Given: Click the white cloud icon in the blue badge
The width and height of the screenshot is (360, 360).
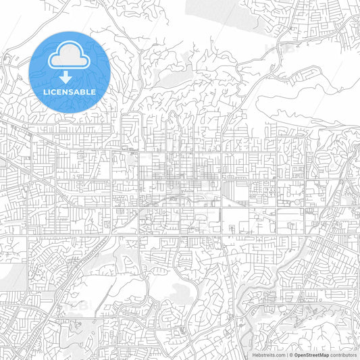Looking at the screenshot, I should point(70,56).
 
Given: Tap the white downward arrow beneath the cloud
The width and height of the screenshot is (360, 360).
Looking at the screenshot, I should point(70,75).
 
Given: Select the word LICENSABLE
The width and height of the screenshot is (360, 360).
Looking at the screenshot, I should point(70,91).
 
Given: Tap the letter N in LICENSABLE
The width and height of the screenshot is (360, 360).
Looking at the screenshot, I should point(67,91).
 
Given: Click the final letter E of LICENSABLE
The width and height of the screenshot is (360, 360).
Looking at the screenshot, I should point(93,91).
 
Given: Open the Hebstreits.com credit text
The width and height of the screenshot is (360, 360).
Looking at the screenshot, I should point(268,354).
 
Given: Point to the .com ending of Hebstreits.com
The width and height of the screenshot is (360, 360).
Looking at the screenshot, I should point(280,354).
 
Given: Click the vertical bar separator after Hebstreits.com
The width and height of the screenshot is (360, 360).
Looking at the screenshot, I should point(288,354).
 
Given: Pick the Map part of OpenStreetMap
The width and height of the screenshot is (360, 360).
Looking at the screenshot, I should point(324,354).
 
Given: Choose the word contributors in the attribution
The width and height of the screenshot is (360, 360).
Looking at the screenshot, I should point(344,354).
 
